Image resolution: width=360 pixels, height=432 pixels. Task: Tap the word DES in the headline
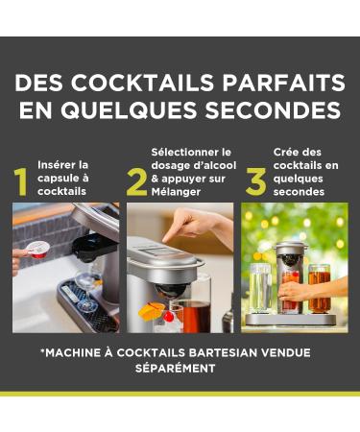tap(43, 83)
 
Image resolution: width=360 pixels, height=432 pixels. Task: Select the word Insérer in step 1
tap(56, 164)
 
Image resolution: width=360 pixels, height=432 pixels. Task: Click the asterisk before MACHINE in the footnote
tap(42, 350)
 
